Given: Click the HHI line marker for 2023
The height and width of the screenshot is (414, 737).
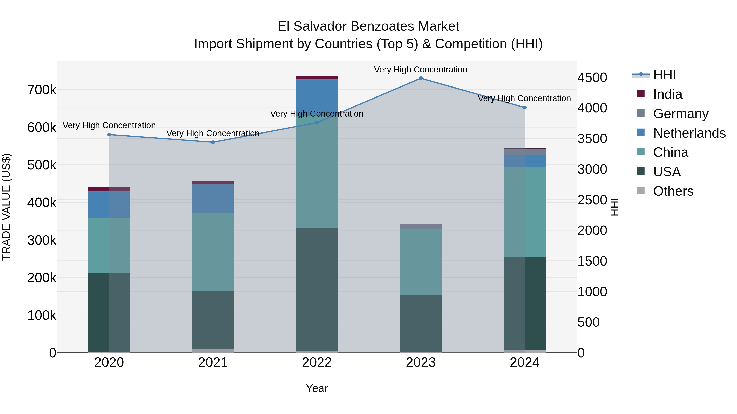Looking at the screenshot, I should coord(420,78).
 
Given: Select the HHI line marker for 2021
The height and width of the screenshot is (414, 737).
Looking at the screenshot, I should coord(213,142).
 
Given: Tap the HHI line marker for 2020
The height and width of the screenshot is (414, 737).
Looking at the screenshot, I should coord(109,135).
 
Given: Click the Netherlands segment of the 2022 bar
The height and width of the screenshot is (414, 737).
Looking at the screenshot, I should coord(317,97).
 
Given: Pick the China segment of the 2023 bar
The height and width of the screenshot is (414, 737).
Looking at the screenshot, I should coord(420,262).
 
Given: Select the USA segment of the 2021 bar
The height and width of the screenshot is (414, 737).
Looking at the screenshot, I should coord(213,320).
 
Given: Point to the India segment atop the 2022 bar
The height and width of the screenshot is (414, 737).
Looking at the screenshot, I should coord(317,77).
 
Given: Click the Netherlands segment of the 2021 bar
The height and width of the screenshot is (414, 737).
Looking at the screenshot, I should coord(213,198).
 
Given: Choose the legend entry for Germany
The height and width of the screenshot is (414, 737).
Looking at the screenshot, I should coord(681,114).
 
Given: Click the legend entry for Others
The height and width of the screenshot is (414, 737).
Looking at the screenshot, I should coord(673,191).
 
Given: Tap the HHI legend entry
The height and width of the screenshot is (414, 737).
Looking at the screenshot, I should coord(664,75).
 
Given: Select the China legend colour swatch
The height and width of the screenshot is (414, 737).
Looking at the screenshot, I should coord(641,152).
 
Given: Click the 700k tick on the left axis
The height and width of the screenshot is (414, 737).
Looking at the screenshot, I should coord(42,90).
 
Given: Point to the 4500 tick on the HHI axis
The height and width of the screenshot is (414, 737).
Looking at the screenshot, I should coord(592,77).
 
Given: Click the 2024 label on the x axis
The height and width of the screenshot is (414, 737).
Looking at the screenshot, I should coord(524,362).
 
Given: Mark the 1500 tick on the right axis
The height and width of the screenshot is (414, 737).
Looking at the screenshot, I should coord(592,261).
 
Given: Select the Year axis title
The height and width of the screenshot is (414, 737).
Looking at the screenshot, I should coord(317,388).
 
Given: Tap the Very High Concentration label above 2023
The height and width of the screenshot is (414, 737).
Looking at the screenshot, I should coord(420,70).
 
